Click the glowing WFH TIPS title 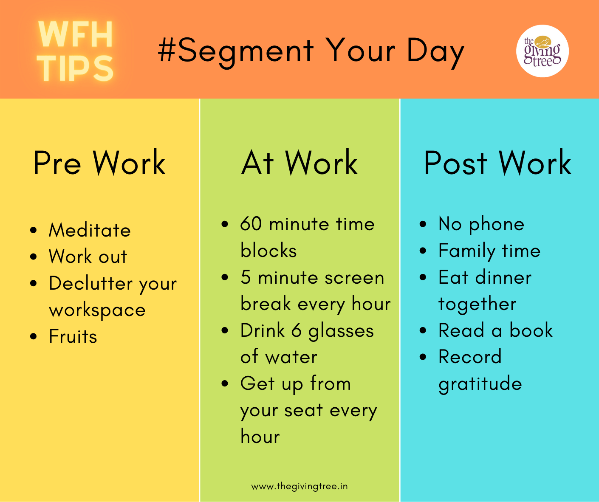76,51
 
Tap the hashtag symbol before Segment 167,50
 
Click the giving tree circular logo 542,51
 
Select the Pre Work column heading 99,163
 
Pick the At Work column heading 299,163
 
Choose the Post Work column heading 498,163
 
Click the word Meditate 90,230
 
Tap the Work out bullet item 88,256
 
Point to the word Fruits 73,336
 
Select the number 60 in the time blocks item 251,223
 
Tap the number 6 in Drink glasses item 297,330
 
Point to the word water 291,357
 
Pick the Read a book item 495,330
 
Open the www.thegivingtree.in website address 299,487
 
